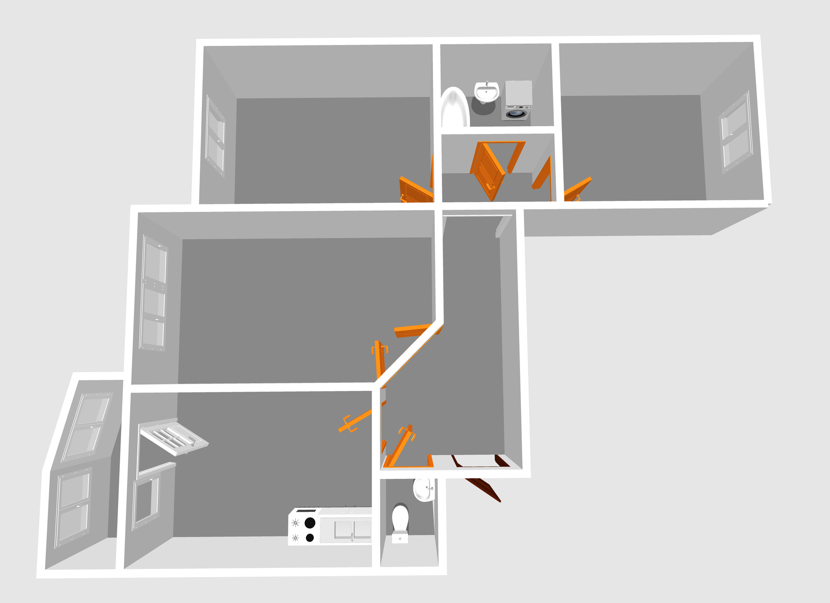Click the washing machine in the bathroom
[518, 100]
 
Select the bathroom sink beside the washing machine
[486, 92]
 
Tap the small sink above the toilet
[424, 490]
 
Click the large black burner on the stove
[310, 523]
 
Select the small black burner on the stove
[310, 538]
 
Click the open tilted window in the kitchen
[174, 437]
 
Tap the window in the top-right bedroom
[736, 131]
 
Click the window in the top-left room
[215, 135]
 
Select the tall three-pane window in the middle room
[153, 294]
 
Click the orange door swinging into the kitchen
[355, 422]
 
